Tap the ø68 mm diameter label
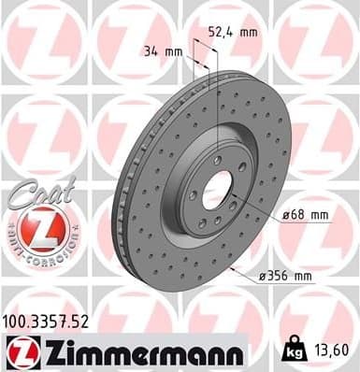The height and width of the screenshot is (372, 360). pyautogui.click(x=306, y=215)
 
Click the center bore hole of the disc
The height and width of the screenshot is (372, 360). pyautogui.click(x=217, y=190)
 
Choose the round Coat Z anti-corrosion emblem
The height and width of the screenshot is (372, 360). pyautogui.click(x=38, y=224)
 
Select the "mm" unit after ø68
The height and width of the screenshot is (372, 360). pyautogui.click(x=319, y=215)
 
